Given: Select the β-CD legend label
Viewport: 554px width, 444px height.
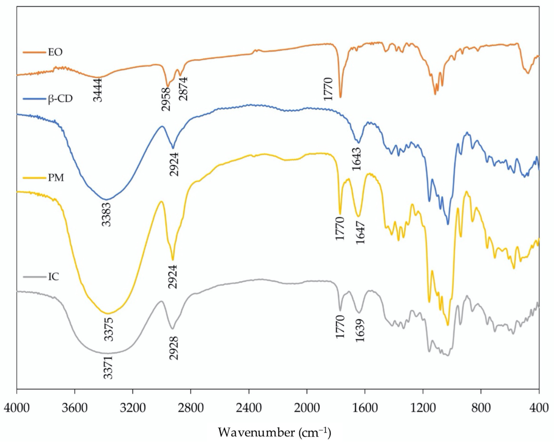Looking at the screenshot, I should (60, 99).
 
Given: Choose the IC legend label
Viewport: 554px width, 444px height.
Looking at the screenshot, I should (53, 277).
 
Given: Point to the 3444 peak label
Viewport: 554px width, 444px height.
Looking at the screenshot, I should (98, 90).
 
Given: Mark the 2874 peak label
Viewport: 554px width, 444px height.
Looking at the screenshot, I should (184, 89).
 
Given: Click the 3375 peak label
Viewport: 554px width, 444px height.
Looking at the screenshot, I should (109, 329).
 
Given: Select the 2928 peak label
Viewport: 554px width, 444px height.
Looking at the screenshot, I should (174, 348).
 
